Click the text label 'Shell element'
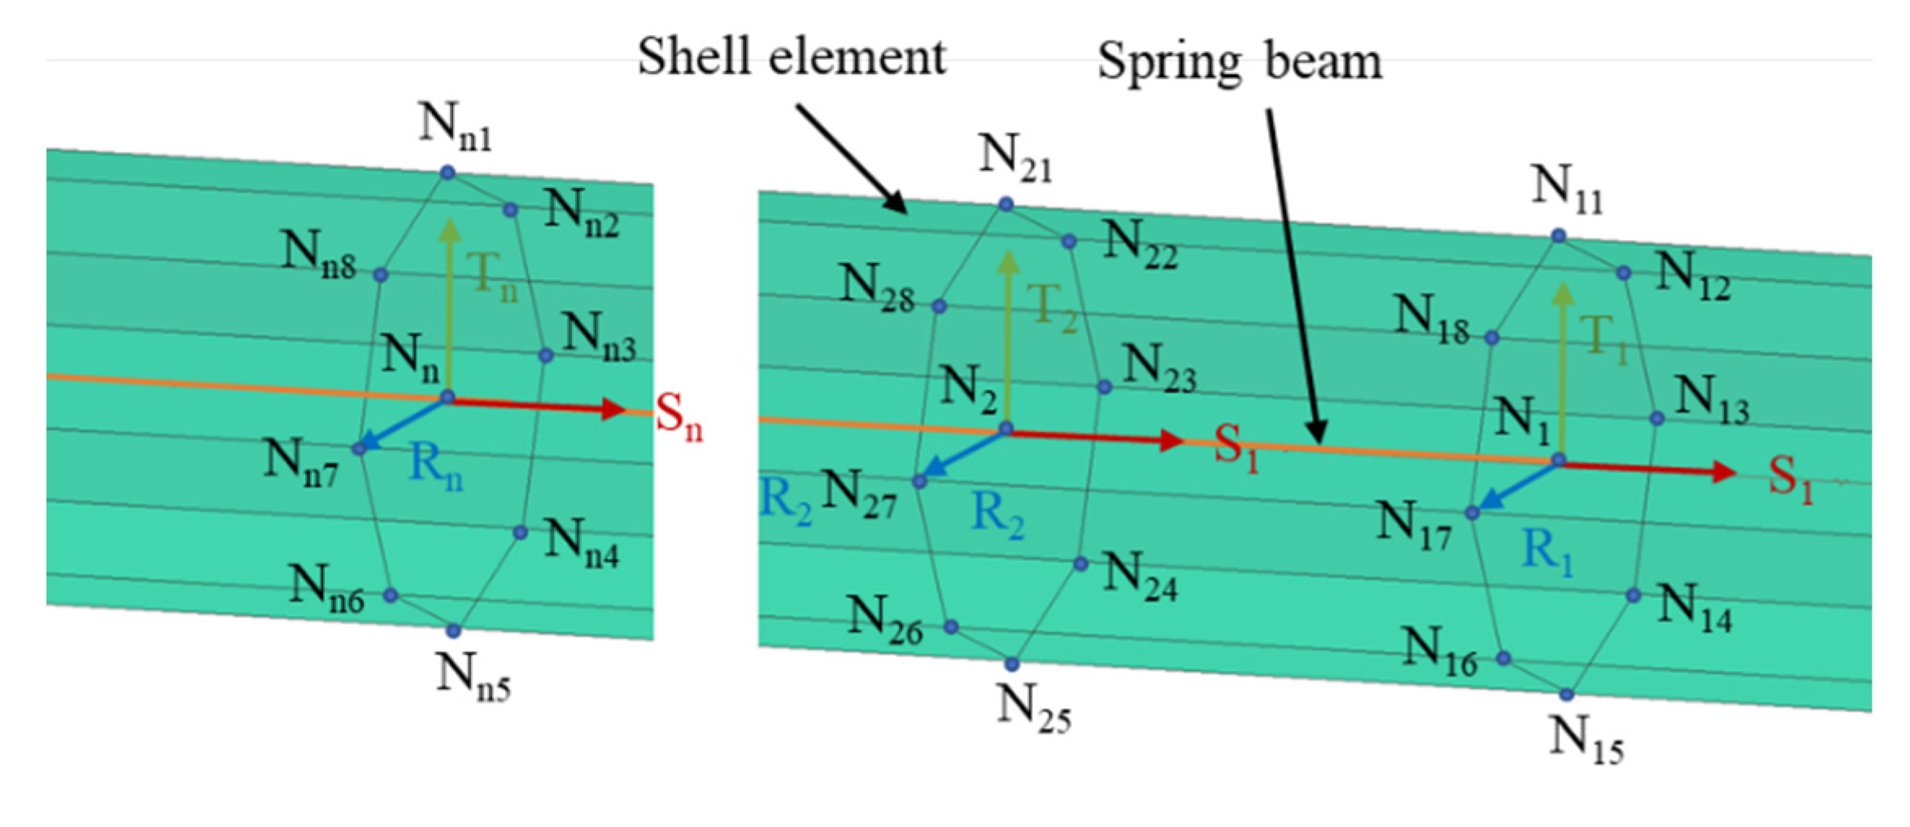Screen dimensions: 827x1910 pos(791,57)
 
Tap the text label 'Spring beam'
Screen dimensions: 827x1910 pos(1240,62)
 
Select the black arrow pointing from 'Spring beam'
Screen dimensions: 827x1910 pos(1294,276)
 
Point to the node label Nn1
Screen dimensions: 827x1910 pos(456,126)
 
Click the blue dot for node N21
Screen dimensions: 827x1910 pos(1006,203)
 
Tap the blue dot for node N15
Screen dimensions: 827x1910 pos(1567,694)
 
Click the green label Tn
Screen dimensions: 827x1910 pos(493,275)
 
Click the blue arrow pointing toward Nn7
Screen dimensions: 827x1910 pos(403,424)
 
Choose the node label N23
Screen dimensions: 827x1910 pos(1159,368)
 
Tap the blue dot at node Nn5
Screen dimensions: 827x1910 pos(454,631)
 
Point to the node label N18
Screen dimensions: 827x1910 pos(1432,319)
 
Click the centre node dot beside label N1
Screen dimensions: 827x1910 pos(1559,460)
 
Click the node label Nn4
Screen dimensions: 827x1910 pos(582,542)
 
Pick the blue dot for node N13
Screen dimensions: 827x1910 pos(1657,418)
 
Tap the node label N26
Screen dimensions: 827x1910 pos(885,620)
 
